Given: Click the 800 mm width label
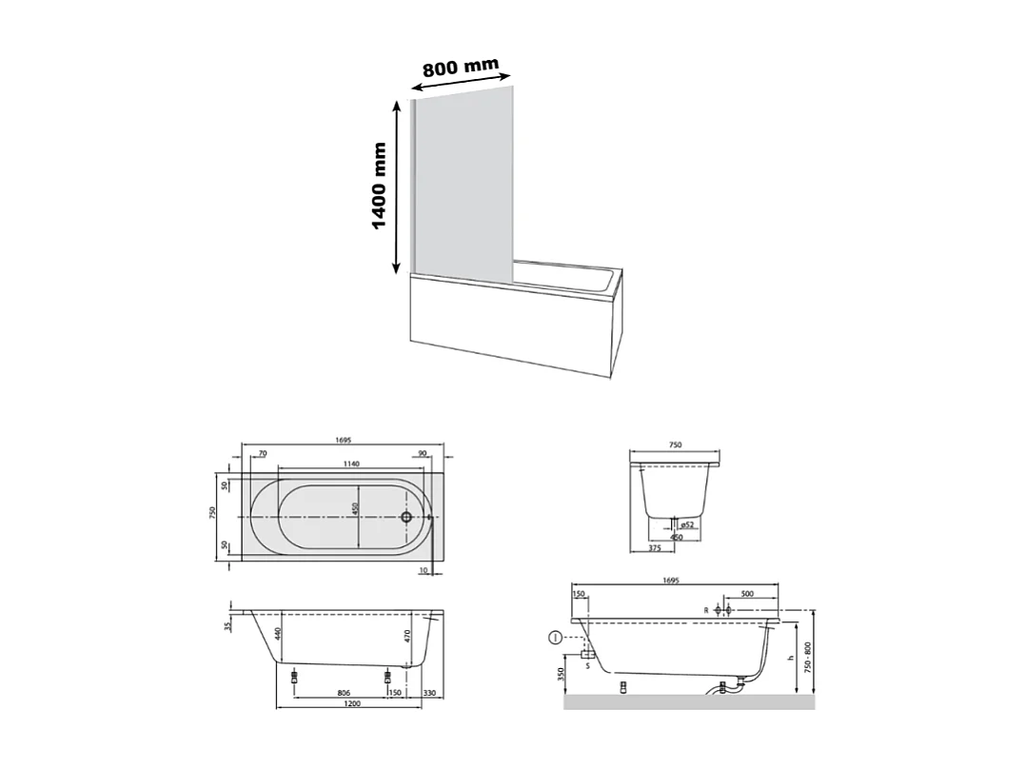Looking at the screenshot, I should pos(462,69).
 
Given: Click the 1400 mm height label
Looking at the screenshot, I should pos(380,187).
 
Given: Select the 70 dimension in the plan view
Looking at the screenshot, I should pos(261,454).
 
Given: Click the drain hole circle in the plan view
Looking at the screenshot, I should pos(406,517).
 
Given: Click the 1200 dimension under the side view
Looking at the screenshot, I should pos(351,704).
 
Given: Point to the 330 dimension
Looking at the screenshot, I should pos(429,693).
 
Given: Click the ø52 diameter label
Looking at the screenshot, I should pos(688,524).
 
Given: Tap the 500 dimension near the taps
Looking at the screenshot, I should pos(747,594).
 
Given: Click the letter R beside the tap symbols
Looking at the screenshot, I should pos(706,609).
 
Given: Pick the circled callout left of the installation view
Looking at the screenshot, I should pos(555,639).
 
